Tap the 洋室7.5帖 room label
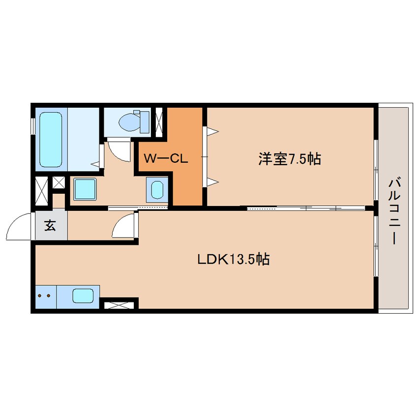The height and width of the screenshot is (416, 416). (x=289, y=159)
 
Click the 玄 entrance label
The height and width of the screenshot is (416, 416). (x=50, y=226)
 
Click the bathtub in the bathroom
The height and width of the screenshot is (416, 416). (x=50, y=139)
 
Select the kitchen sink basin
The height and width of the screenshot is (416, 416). (x=83, y=296)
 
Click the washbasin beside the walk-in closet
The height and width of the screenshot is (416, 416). (x=157, y=189)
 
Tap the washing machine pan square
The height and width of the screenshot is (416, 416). (x=85, y=189)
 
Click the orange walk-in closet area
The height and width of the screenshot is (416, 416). (x=187, y=182)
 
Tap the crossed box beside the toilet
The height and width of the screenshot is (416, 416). (x=159, y=120)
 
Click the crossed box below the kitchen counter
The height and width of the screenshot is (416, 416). (x=119, y=305)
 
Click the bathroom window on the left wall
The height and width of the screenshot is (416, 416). (x=33, y=126)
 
